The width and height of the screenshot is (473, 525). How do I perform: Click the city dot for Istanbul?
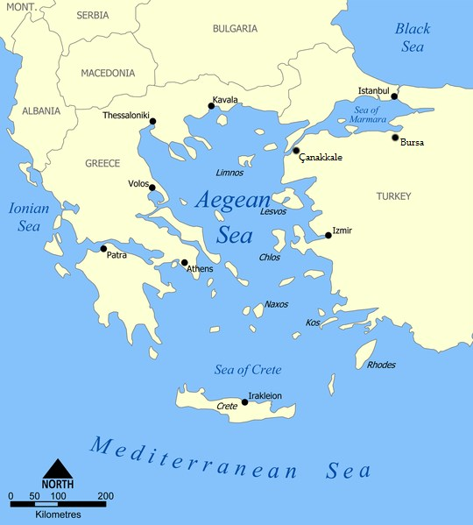(394, 96)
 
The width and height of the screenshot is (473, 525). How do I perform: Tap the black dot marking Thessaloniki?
(152, 121)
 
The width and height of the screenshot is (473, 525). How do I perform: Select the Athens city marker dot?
(184, 262)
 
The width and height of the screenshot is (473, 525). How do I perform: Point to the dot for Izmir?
(328, 235)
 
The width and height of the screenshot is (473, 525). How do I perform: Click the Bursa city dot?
(395, 138)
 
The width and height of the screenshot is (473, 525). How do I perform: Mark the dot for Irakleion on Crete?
(244, 402)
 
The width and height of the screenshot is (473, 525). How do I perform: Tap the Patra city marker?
(103, 248)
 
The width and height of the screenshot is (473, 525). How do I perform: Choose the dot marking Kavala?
(211, 107)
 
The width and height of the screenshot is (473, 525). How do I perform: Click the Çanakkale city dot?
(296, 151)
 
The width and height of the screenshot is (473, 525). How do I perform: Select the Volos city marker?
(152, 188)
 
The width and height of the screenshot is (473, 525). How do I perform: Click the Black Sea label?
(412, 38)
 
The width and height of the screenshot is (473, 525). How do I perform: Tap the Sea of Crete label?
(248, 369)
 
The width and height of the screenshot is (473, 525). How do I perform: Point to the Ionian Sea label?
(30, 216)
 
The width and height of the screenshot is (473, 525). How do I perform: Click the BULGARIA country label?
(235, 29)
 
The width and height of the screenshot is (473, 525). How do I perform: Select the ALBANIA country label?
(41, 111)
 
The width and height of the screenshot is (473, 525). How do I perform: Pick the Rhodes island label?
(381, 365)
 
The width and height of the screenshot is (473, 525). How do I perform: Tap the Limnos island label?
(229, 173)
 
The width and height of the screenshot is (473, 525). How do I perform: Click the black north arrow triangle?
(57, 470)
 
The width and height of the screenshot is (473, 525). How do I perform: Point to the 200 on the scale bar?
(106, 497)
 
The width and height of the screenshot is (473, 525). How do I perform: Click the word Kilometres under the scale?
(58, 514)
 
